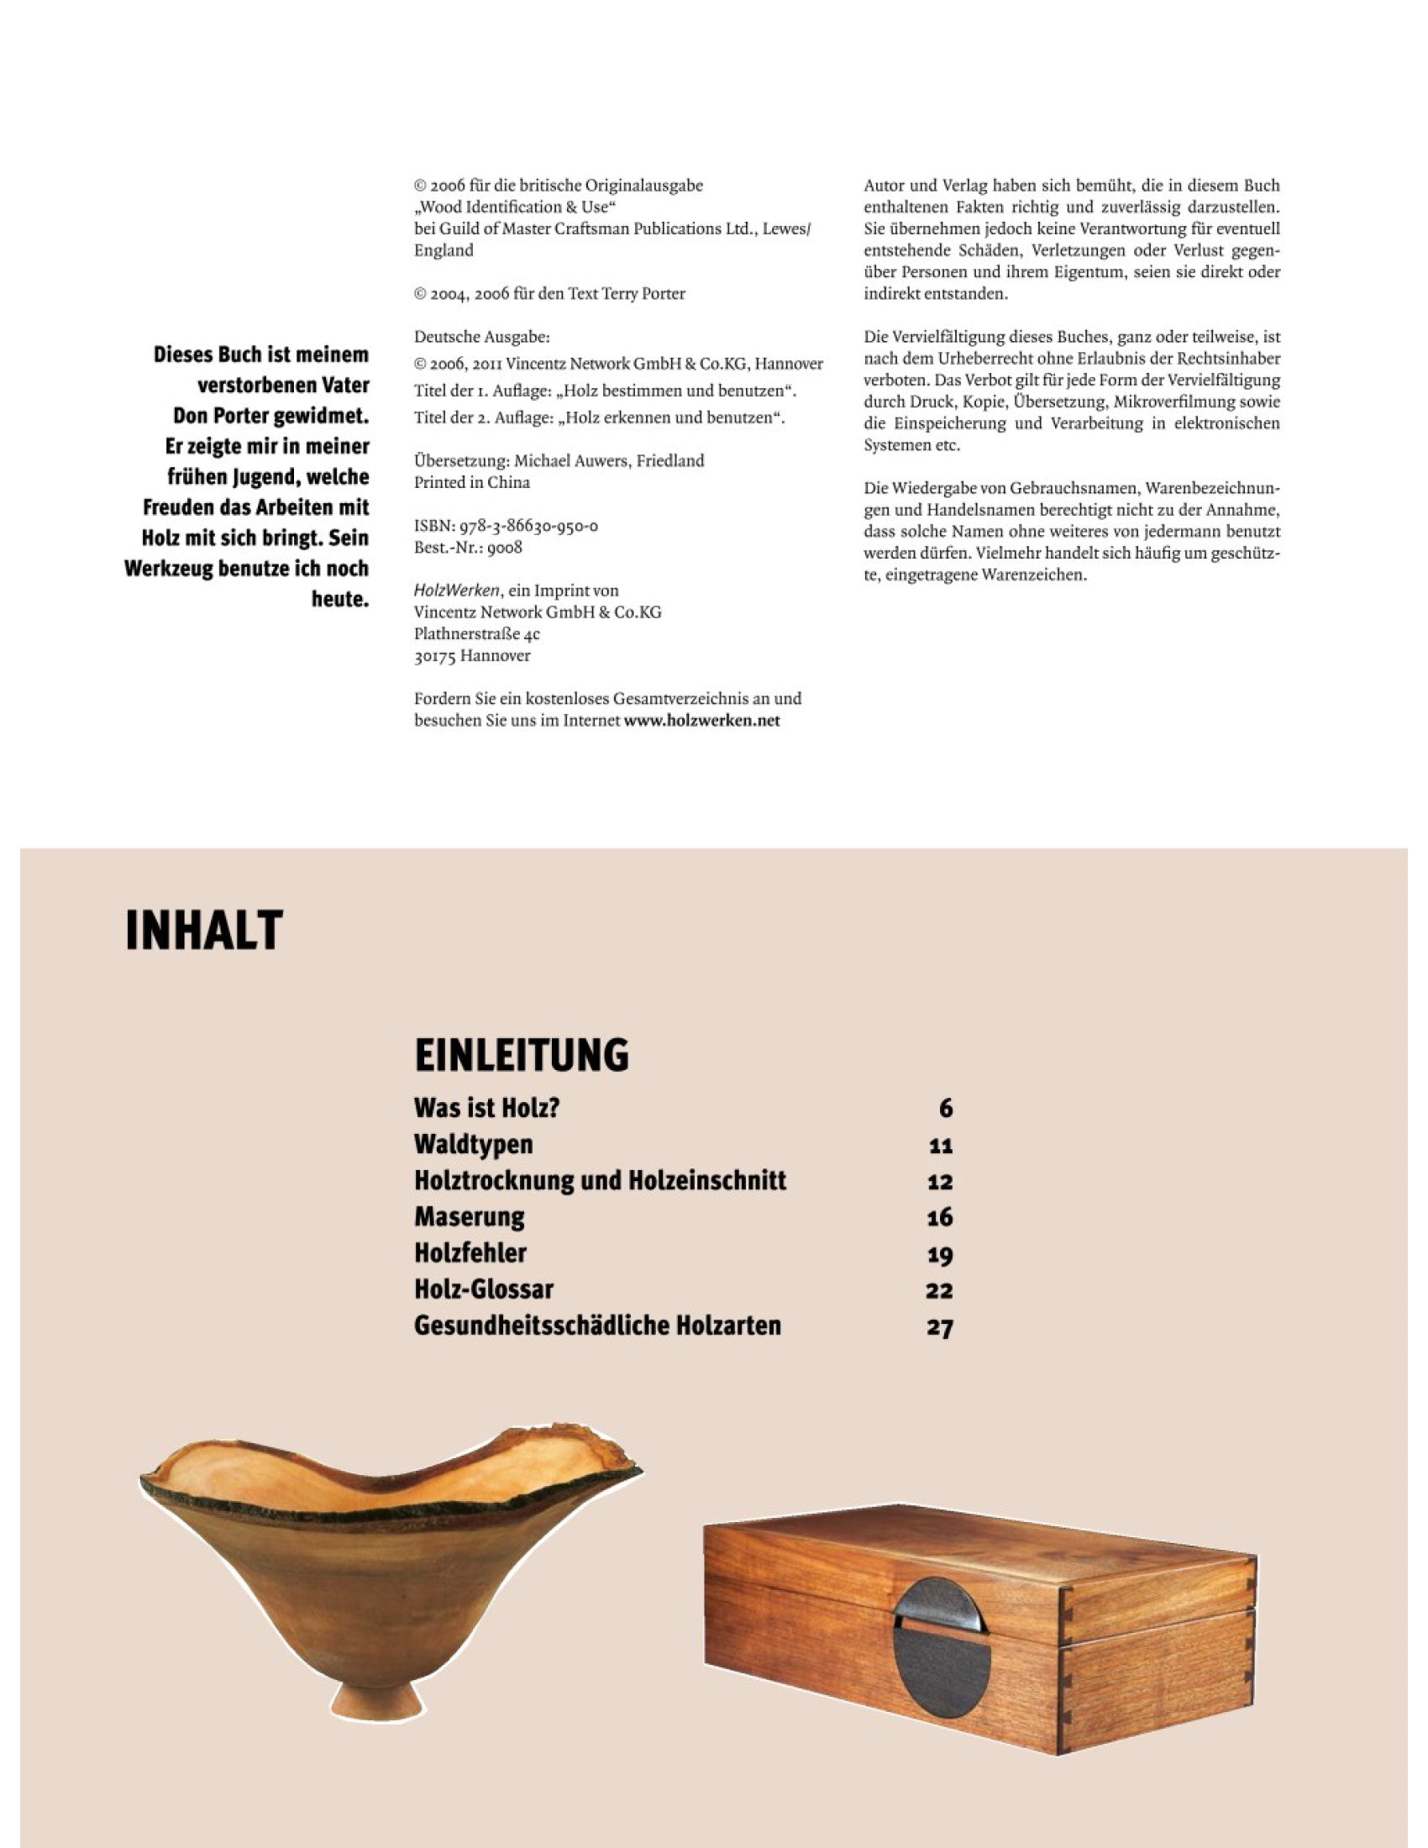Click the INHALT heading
pos(203,930)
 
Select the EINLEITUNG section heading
pos(521,1055)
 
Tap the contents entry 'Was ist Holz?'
pos(486,1108)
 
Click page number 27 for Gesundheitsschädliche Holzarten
pos(939,1326)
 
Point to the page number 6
pos(945,1109)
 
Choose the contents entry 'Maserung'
pos(469,1217)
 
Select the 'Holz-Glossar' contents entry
pos(483,1289)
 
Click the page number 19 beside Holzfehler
pos(939,1254)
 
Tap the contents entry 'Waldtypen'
pos(473,1144)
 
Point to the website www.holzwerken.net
pos(701,720)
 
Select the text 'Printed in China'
pos(472,482)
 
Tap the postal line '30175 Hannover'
pos(472,656)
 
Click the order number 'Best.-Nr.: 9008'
pos(468,548)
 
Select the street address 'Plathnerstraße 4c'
pos(476,633)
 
